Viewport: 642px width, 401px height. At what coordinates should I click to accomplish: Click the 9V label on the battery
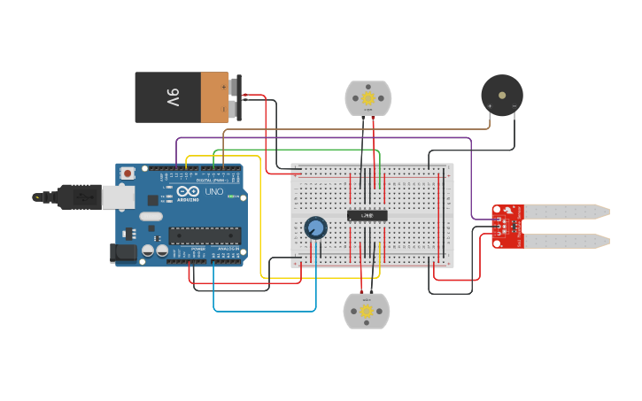(x=172, y=97)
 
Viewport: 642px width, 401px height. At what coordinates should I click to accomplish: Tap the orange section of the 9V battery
(x=214, y=97)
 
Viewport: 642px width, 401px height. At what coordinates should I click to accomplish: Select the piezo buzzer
(x=501, y=94)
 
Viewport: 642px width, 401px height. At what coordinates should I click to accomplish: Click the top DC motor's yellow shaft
(x=367, y=98)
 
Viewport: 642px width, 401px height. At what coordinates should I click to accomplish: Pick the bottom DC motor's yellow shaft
(x=367, y=312)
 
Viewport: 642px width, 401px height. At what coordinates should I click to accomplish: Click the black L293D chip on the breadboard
(x=367, y=215)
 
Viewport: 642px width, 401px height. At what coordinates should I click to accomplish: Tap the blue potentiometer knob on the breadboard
(x=315, y=228)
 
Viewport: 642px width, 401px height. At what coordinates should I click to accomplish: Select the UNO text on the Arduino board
(x=214, y=191)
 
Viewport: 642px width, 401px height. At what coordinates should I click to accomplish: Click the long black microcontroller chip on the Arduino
(x=205, y=235)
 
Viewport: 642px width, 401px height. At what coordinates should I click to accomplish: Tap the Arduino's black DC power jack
(x=124, y=253)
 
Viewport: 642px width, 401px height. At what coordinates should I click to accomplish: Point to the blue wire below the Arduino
(x=266, y=311)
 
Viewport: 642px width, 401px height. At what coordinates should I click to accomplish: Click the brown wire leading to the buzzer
(x=354, y=129)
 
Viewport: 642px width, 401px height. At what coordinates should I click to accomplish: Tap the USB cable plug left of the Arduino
(x=80, y=197)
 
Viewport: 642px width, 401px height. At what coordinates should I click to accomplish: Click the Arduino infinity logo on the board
(x=188, y=191)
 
